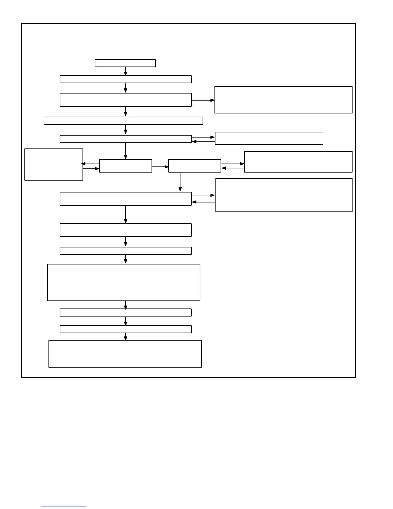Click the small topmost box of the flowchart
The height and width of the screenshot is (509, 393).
[x=125, y=63]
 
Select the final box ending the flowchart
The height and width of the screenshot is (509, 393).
[x=125, y=353]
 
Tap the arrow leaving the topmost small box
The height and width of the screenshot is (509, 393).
[x=126, y=71]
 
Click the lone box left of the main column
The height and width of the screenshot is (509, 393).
[x=54, y=164]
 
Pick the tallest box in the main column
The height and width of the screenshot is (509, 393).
[x=124, y=282]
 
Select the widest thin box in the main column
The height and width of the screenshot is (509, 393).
[x=123, y=121]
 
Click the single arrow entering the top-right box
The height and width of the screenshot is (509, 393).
[x=203, y=100]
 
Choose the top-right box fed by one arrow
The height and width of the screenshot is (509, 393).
[x=283, y=100]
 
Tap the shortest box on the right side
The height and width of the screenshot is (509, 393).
[x=269, y=138]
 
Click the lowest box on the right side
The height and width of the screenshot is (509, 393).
[x=284, y=195]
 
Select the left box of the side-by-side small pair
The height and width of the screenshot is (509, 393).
[x=126, y=166]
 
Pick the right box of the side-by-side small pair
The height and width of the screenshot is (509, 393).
[x=195, y=166]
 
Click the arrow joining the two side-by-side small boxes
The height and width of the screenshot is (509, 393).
[x=160, y=167]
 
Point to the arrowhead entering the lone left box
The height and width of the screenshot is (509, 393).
[x=83, y=164]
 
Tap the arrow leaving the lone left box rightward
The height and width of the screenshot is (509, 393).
[x=91, y=168]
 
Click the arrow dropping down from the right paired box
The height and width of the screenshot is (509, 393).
[x=180, y=182]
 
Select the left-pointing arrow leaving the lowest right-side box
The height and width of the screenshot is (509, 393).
[x=203, y=202]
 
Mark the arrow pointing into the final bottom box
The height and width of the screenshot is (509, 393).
[x=126, y=336]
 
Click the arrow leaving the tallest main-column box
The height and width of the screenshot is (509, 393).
[x=126, y=305]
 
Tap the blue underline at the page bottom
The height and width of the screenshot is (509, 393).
[x=63, y=506]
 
